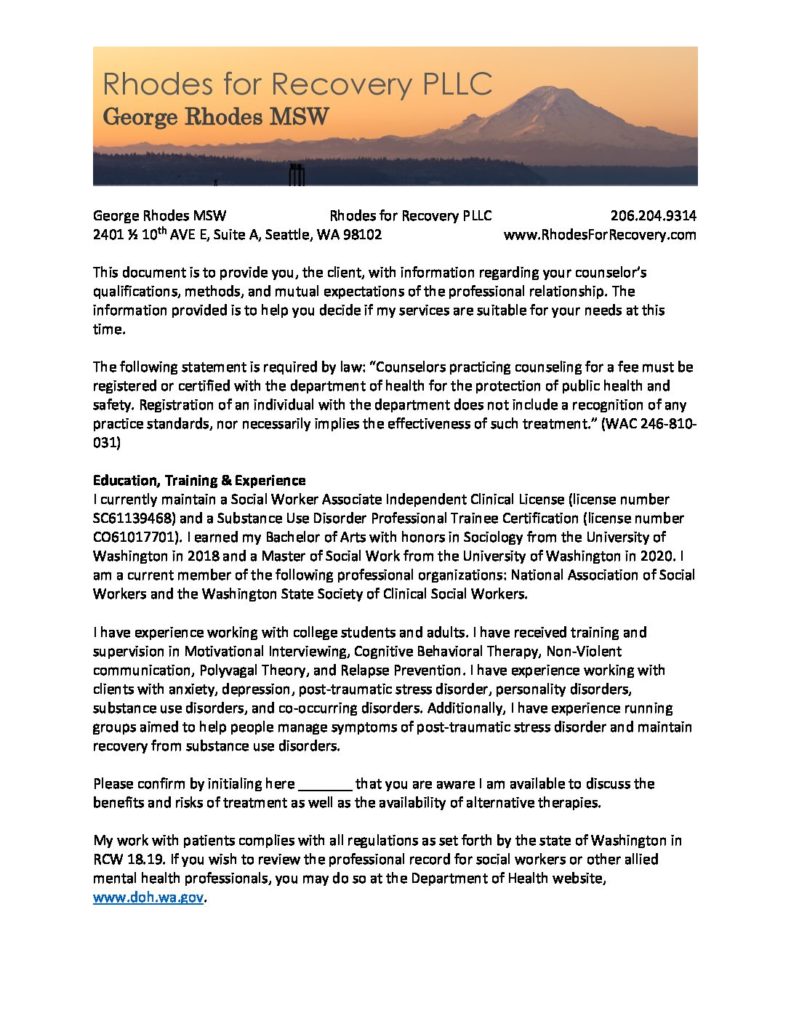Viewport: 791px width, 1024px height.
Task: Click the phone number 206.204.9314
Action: (653, 215)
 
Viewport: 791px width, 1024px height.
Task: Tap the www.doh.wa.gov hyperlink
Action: (148, 898)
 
